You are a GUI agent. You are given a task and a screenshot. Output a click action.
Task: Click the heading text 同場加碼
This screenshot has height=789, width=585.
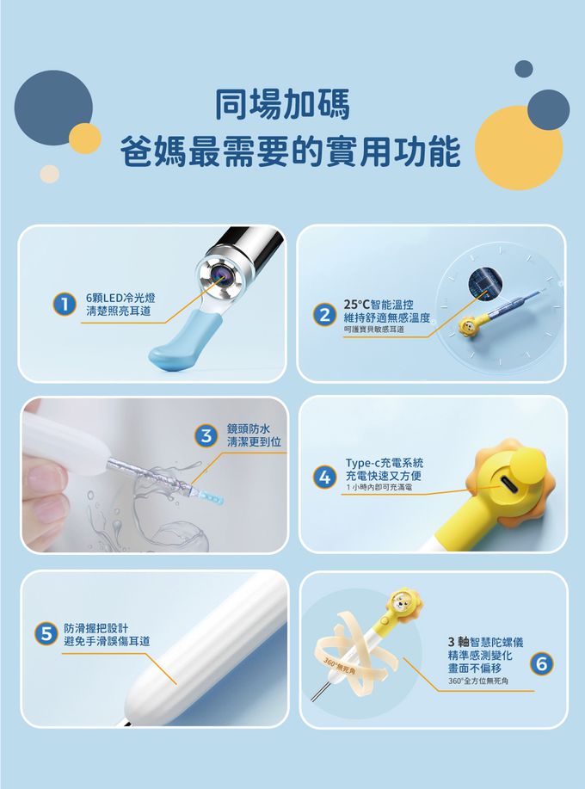(282, 106)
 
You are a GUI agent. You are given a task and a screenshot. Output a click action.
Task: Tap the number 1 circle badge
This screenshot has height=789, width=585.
(61, 304)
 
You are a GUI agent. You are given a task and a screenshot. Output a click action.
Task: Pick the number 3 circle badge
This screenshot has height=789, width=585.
(205, 435)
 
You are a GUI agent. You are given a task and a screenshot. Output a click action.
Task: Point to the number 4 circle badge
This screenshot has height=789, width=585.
(323, 476)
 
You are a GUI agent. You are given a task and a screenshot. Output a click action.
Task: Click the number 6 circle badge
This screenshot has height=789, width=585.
(540, 663)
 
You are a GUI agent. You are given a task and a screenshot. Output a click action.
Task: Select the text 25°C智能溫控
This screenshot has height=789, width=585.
(379, 305)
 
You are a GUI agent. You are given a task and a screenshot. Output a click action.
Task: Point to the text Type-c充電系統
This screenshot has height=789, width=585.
(384, 463)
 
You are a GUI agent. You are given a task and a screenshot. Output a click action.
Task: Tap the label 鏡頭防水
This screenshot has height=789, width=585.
(248, 428)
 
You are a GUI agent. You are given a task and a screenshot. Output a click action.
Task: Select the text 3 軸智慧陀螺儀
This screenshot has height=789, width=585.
(485, 642)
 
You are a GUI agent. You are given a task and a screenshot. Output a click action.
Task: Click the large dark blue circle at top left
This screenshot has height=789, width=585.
(53, 109)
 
